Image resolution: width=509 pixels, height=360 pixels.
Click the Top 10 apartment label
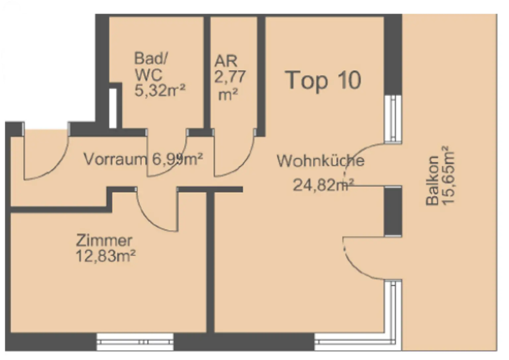[323, 80]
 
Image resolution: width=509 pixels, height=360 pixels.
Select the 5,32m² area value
[160, 90]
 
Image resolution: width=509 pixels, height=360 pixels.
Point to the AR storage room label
[226, 61]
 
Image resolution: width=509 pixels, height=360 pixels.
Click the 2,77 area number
[230, 77]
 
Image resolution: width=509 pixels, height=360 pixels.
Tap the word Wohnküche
[320, 161]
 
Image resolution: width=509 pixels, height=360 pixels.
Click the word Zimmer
[104, 240]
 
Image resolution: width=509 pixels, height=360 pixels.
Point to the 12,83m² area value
[106, 256]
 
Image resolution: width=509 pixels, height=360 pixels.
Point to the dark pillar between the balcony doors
[393, 211]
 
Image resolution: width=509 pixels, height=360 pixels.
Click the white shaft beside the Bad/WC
[113, 108]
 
